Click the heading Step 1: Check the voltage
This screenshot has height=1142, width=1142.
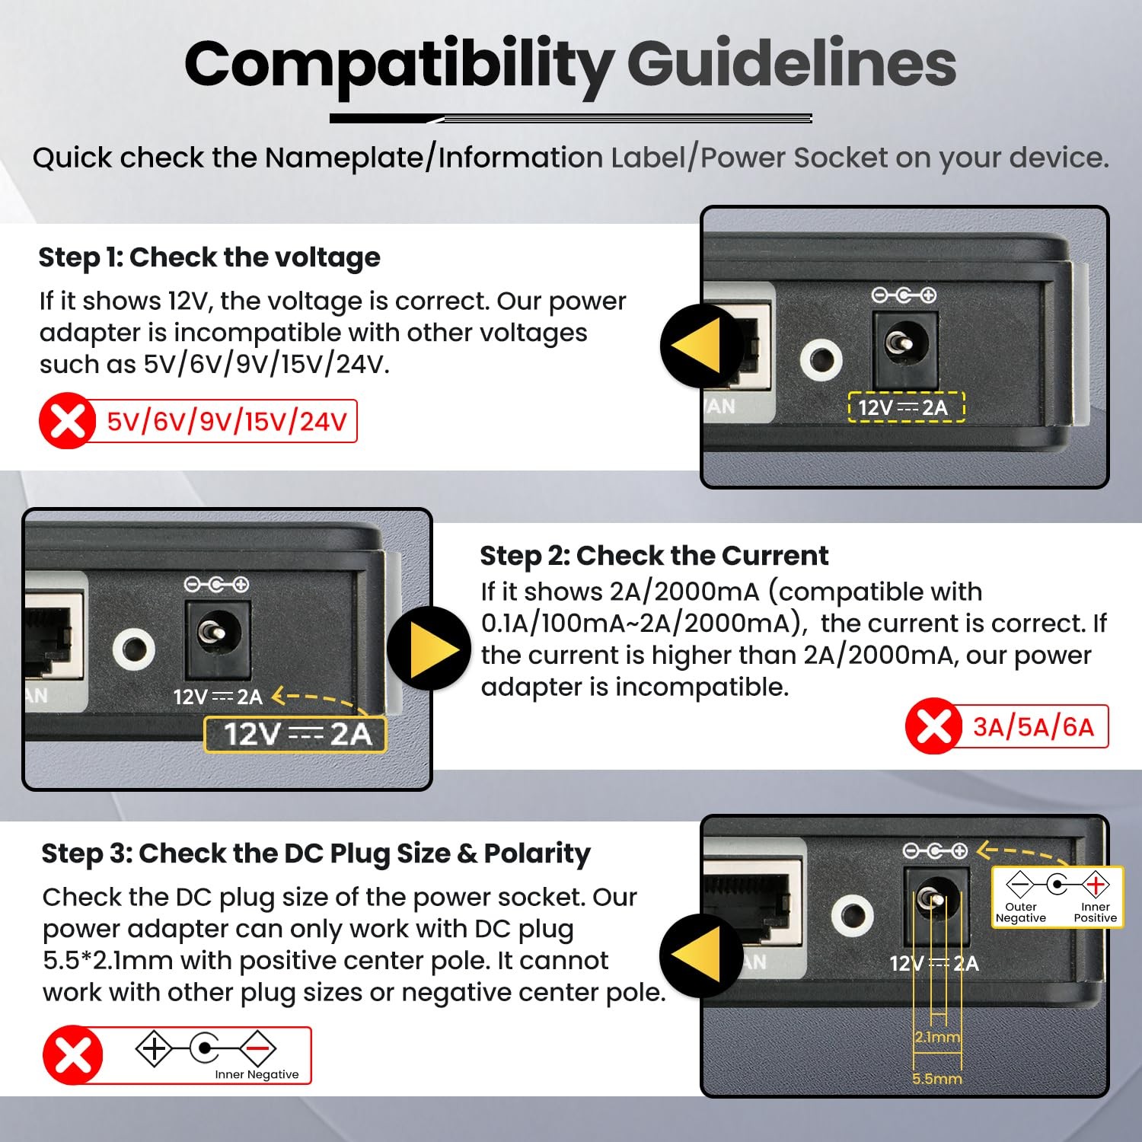(x=209, y=257)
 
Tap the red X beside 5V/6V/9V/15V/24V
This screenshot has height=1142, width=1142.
(x=67, y=421)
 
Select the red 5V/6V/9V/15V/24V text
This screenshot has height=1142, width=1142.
(x=227, y=421)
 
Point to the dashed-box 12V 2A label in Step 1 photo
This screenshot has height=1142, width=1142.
(x=906, y=407)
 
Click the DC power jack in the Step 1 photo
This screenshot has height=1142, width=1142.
(x=904, y=346)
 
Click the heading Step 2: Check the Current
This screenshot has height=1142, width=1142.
(x=654, y=556)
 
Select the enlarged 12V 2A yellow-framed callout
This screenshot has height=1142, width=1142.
(x=295, y=735)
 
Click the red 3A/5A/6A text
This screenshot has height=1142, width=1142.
(x=1033, y=727)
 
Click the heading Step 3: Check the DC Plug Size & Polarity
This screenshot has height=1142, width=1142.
(x=316, y=853)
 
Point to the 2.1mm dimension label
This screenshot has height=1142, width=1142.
(x=938, y=1037)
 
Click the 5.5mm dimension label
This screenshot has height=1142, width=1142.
(x=937, y=1079)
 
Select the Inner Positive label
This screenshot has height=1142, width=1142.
(x=1096, y=912)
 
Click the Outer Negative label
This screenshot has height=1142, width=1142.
(x=1021, y=912)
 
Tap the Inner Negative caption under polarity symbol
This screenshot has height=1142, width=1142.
(x=257, y=1074)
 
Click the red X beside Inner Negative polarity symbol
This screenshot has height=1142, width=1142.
(x=72, y=1055)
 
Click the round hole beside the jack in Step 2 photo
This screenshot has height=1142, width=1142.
(x=134, y=649)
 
